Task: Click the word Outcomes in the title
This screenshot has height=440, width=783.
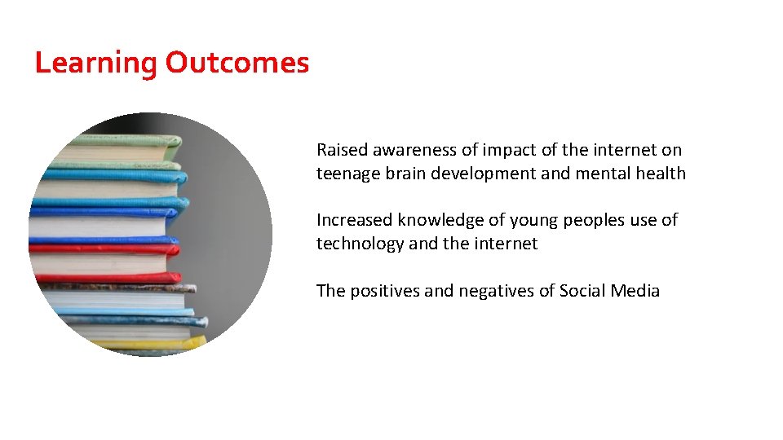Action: tap(237, 63)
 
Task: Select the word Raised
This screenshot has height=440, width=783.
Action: tap(343, 150)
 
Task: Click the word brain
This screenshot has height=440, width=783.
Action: tap(403, 174)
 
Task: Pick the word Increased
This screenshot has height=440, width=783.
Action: tap(355, 220)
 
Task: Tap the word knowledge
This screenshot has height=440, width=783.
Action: tap(437, 221)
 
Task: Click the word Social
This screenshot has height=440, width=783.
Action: tap(582, 291)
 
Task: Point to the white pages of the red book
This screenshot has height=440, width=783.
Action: tap(98, 263)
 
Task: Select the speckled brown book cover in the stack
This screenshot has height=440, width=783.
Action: tap(122, 288)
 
